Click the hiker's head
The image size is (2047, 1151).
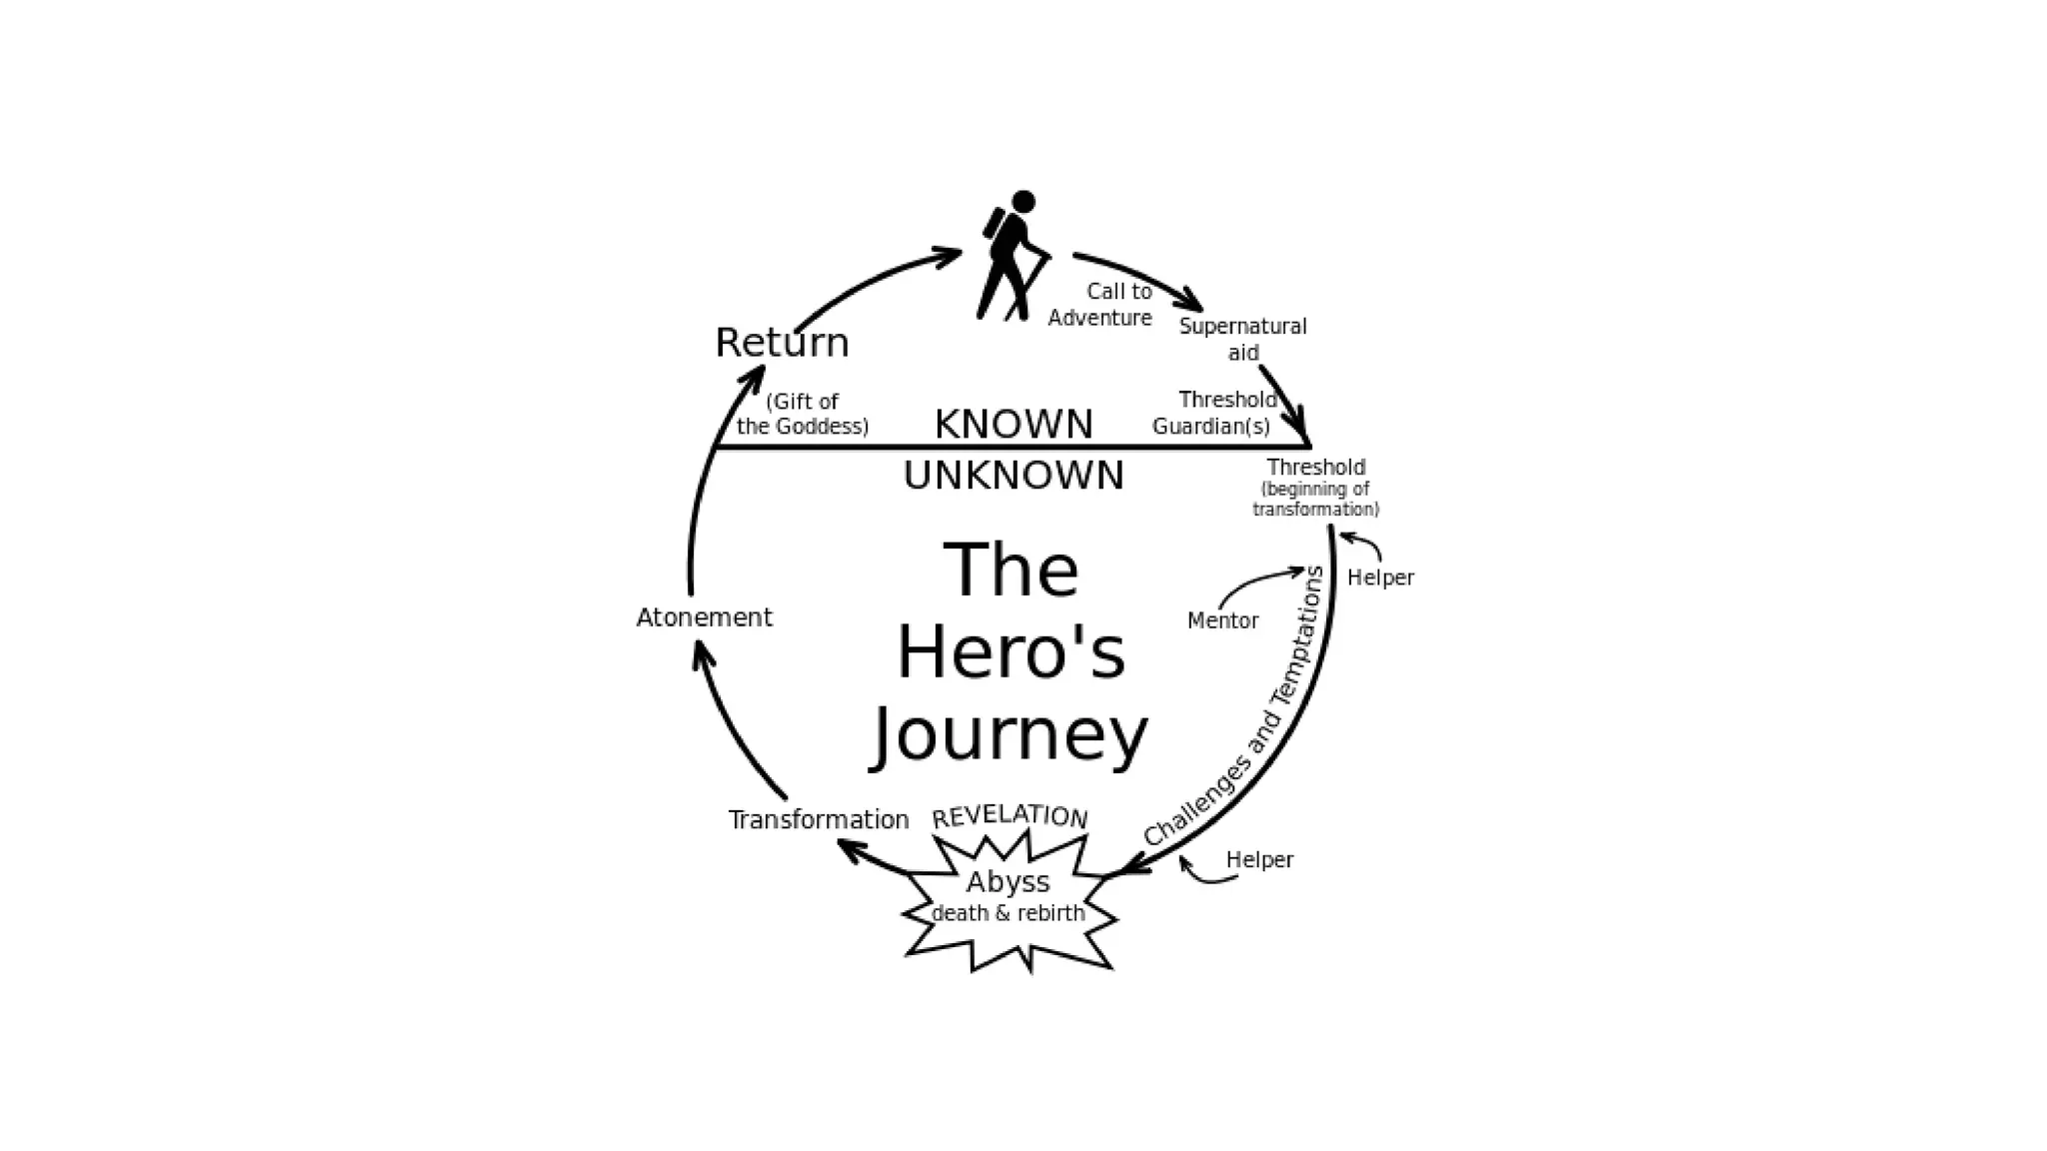(x=1023, y=202)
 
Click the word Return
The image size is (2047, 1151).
(x=782, y=343)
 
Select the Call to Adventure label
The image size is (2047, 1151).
(x=1100, y=304)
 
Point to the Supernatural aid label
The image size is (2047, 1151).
(x=1242, y=339)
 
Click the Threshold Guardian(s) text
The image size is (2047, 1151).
(x=1213, y=413)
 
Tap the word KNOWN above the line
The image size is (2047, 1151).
(x=1014, y=425)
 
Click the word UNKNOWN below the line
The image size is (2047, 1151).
(x=1014, y=476)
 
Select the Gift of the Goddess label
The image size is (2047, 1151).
(x=803, y=414)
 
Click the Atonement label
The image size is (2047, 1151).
(x=705, y=617)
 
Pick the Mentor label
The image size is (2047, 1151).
(x=1222, y=620)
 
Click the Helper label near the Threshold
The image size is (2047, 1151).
(x=1380, y=577)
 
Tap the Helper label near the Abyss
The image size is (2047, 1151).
(x=1259, y=859)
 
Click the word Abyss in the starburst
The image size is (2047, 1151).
(x=1008, y=882)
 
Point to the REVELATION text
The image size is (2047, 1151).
(x=1010, y=816)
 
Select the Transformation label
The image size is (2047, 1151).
(x=819, y=820)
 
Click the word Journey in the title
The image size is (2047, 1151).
(x=1011, y=736)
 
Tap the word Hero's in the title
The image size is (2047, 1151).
(x=1011, y=653)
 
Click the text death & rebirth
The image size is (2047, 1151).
(x=1008, y=913)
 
